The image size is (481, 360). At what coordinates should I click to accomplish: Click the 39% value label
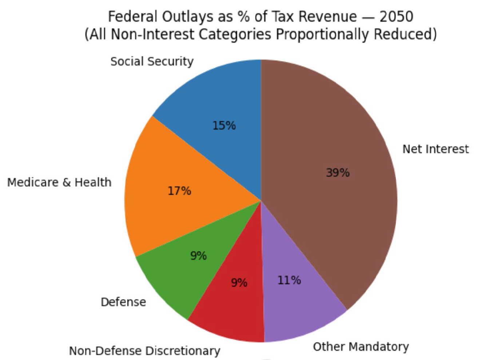click(x=338, y=173)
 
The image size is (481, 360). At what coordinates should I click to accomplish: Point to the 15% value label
click(x=224, y=126)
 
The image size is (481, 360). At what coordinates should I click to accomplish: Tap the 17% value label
click(x=179, y=191)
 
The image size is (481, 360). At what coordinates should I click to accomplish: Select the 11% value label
click(x=289, y=280)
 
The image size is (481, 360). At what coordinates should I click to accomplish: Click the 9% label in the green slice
click(x=198, y=256)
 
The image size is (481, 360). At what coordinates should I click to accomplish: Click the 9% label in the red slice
click(x=239, y=282)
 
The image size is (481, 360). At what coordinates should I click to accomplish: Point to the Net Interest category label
click(x=436, y=149)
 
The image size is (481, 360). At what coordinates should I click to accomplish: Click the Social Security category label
click(x=152, y=61)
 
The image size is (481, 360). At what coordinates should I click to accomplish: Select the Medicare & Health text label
click(x=59, y=182)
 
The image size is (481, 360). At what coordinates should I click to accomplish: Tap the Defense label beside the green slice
click(x=123, y=302)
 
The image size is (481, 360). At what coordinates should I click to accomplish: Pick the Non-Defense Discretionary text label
click(x=144, y=351)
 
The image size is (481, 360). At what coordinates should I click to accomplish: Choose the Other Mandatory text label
click(x=361, y=347)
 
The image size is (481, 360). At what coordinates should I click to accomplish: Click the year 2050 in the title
click(x=396, y=17)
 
